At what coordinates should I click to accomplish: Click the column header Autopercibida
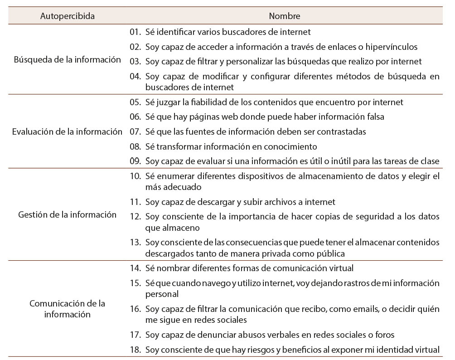point(67,16)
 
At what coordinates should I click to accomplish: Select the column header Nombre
point(284,16)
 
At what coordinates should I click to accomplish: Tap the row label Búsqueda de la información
point(67,59)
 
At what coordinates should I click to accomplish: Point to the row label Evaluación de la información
point(67,132)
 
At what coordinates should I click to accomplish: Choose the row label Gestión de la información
point(67,215)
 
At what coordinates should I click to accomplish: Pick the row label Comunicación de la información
point(67,308)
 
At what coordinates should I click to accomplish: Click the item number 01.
point(135,32)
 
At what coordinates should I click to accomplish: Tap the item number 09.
point(135,161)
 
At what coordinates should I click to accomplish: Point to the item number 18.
point(135,350)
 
